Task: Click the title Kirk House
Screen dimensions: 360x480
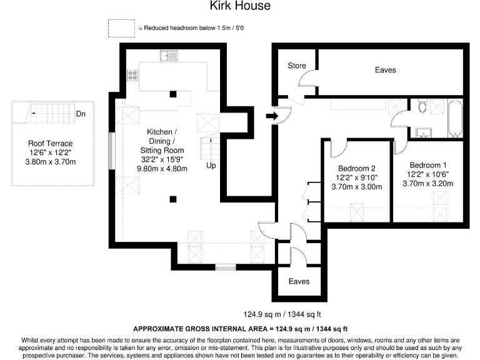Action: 240,6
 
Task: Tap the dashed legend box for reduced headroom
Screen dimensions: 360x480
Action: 121,28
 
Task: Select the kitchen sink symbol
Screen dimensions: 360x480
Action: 168,56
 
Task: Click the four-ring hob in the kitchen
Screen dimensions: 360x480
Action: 132,75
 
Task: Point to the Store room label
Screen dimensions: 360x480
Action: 297,66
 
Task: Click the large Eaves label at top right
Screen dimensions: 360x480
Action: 385,70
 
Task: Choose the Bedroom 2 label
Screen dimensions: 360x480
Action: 356,168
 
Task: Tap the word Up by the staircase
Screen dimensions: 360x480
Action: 212,166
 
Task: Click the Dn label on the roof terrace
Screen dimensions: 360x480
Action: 81,114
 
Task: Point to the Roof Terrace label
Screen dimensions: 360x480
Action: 51,143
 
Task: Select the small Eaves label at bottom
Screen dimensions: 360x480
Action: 299,281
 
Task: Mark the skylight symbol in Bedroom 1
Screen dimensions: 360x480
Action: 440,198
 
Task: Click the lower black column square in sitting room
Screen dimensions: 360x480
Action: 173,199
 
